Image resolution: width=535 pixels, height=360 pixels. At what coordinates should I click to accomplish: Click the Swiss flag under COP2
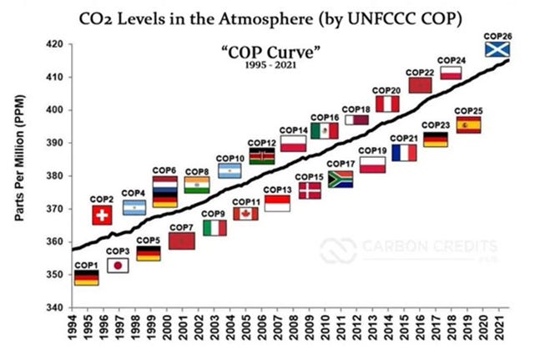(x=102, y=215)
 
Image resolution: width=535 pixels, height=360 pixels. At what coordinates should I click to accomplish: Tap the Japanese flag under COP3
(x=118, y=266)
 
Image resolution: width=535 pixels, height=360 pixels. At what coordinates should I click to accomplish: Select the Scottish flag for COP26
(x=498, y=49)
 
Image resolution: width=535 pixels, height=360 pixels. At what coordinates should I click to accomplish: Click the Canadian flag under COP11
(x=245, y=214)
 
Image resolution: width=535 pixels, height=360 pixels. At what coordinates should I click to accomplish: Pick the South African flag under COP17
(x=341, y=179)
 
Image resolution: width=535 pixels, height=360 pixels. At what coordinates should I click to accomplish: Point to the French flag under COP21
(x=404, y=153)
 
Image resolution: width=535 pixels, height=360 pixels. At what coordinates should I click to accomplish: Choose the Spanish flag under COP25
(x=468, y=124)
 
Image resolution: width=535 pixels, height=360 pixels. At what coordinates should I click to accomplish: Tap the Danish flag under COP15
(x=310, y=190)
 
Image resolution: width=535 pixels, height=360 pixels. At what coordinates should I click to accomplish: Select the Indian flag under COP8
(x=196, y=185)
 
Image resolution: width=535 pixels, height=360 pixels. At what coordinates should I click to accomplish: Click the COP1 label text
(x=86, y=265)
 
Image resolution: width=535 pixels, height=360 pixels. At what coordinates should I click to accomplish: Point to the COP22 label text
(x=420, y=72)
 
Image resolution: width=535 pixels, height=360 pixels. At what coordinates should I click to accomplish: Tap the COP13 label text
(x=277, y=190)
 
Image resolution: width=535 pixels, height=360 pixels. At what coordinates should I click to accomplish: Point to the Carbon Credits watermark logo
(x=408, y=249)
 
